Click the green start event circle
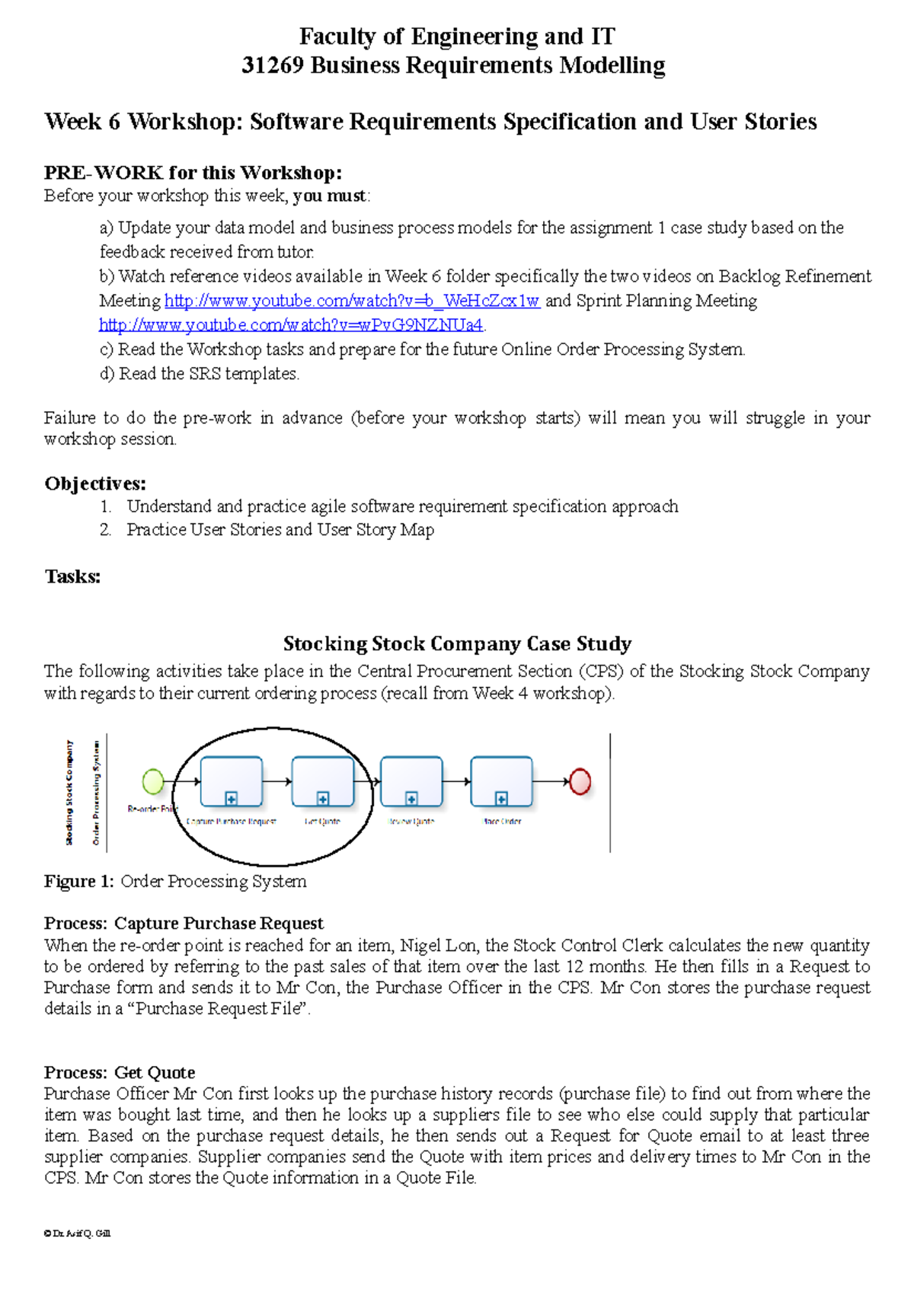click(x=153, y=781)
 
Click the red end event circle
click(x=580, y=781)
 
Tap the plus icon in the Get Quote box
click(x=323, y=798)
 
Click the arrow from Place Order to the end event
click(x=550, y=781)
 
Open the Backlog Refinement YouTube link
click(x=352, y=301)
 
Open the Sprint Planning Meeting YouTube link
click(x=291, y=325)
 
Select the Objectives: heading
click(x=95, y=484)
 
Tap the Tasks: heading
click(x=72, y=576)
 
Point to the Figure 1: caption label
click(x=79, y=881)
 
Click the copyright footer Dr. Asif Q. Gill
click(x=78, y=1233)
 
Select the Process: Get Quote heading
click(x=120, y=1072)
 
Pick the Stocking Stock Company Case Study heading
click(x=457, y=643)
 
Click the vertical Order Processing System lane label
click(x=97, y=792)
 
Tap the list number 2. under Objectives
click(x=105, y=530)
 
